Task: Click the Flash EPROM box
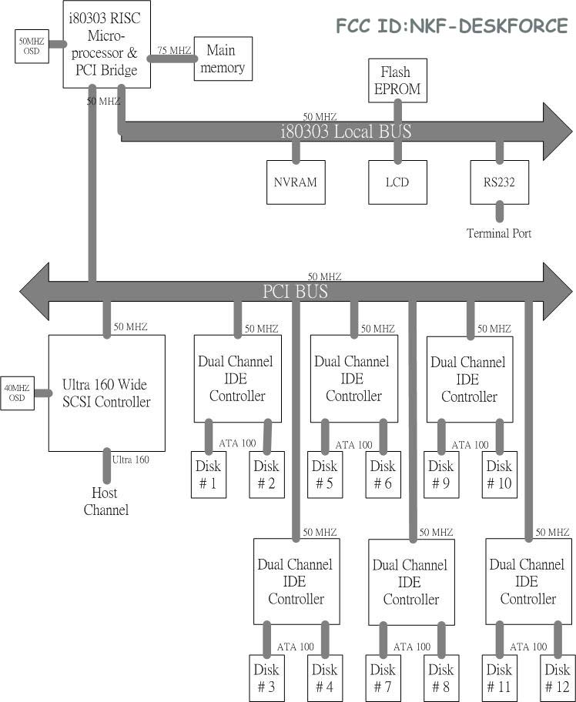(x=397, y=80)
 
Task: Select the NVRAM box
(x=296, y=182)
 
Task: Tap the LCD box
(x=397, y=182)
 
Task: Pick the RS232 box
(x=499, y=182)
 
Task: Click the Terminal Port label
(x=499, y=233)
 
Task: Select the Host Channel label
(x=106, y=501)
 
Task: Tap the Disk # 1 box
(x=208, y=474)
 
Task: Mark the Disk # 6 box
(x=383, y=474)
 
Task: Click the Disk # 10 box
(x=499, y=474)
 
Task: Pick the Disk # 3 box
(x=266, y=677)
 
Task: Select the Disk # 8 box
(x=440, y=677)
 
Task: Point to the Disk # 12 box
(x=558, y=677)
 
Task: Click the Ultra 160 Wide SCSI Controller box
(x=106, y=393)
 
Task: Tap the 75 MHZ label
(x=173, y=50)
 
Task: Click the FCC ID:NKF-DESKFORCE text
(x=452, y=26)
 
